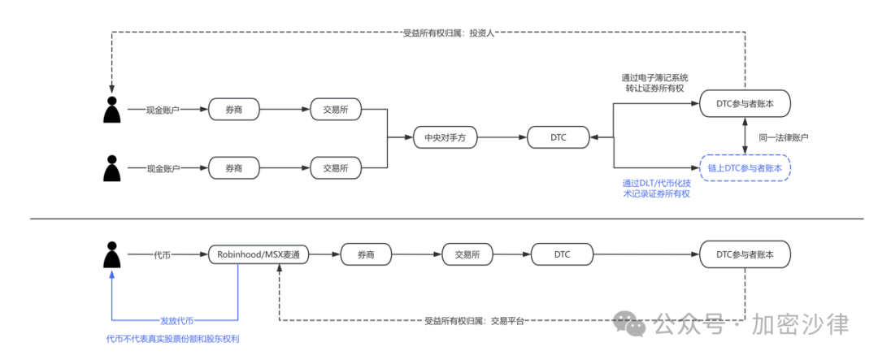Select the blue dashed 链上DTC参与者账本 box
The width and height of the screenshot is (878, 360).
coord(745,168)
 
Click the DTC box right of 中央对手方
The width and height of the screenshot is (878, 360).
coord(558,138)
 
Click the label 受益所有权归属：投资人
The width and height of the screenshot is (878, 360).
coord(449,33)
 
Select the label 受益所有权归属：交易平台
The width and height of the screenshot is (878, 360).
coord(474,320)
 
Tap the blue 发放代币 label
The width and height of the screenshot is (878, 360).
coord(176,320)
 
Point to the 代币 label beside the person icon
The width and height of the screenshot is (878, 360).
coord(162,254)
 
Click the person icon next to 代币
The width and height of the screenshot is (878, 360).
coord(113,254)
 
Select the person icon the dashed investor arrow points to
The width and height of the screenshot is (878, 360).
coord(113,109)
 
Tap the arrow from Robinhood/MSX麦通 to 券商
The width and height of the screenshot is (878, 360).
coord(324,254)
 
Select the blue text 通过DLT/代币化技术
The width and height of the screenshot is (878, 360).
coord(657,183)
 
